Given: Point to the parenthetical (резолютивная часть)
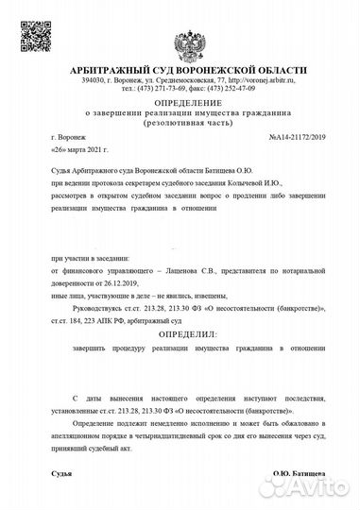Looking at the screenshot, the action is (x=180, y=124).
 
